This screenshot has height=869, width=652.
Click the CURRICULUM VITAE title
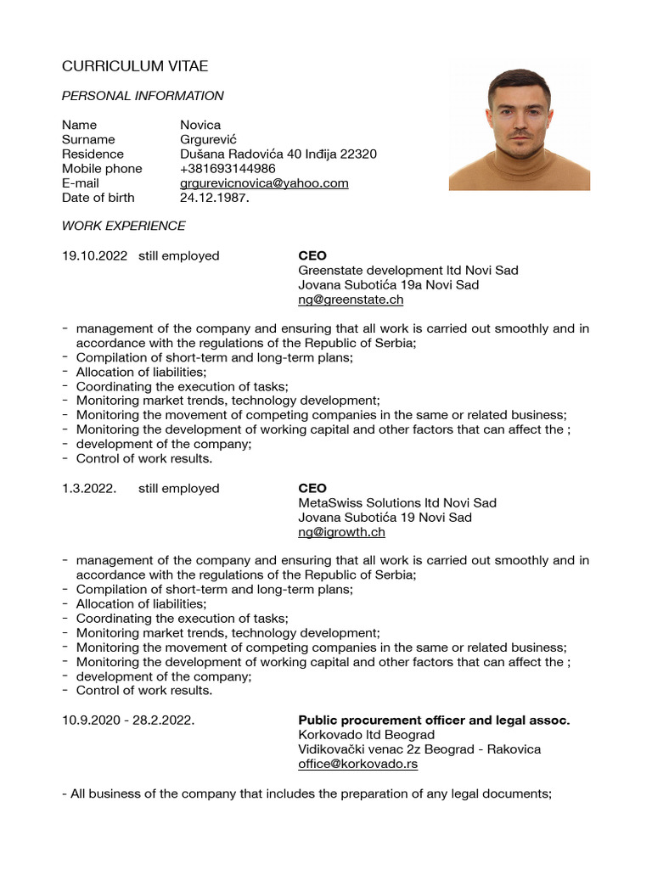point(135,66)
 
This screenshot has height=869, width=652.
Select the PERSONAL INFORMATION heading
point(143,96)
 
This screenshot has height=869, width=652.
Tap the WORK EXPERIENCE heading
point(123,226)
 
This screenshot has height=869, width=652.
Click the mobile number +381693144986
point(228,168)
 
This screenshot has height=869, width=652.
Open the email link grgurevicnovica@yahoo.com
point(264,182)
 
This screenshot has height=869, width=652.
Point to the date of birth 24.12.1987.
point(215,198)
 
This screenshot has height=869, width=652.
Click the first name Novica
point(200,125)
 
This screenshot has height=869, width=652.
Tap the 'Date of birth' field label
point(98,198)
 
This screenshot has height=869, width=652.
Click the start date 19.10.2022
point(94,255)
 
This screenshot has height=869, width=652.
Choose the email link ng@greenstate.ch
point(351,300)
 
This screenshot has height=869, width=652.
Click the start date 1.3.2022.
point(88,488)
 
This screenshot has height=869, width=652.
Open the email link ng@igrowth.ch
point(341,532)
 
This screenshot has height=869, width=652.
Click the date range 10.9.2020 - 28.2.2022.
point(128,720)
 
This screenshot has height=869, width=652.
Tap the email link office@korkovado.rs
point(357,764)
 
